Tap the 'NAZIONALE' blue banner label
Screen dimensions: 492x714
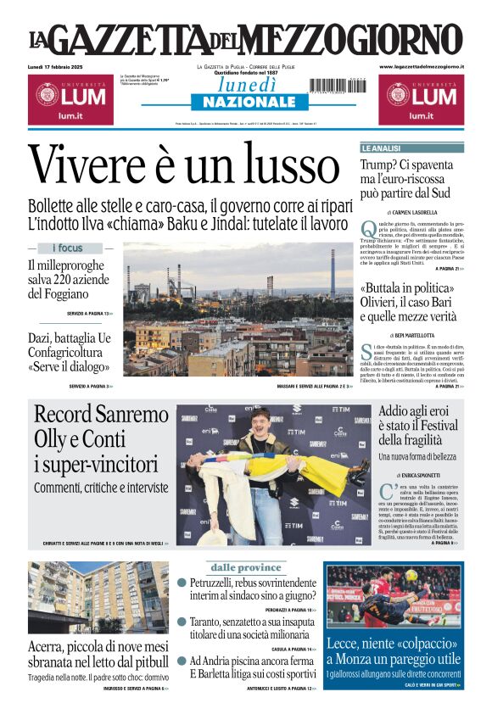244,102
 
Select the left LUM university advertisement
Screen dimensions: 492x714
71,100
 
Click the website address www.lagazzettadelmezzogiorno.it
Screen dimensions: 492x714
422,66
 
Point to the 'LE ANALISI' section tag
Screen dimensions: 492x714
382,148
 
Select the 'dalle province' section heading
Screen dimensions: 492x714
245,567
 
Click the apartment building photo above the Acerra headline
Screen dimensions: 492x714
98,597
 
